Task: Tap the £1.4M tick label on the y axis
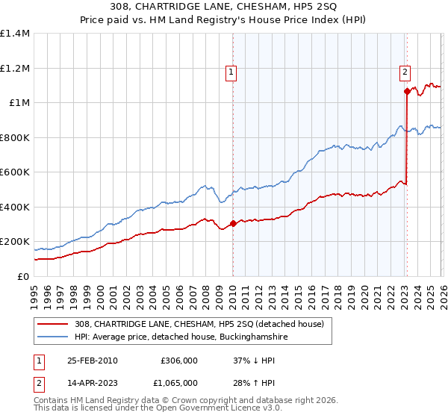15,34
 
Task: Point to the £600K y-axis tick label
15,172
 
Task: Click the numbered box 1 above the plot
231,72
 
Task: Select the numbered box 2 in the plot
404,72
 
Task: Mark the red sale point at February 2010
233,223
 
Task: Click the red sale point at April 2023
407,92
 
